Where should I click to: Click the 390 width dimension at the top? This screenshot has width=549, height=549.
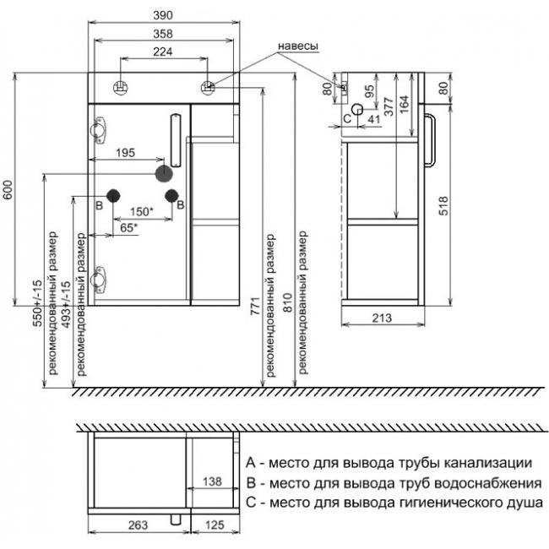point(163,15)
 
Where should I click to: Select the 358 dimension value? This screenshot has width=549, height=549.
point(163,34)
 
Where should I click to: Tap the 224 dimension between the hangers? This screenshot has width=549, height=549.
point(163,52)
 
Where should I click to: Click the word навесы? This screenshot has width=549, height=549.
point(298,46)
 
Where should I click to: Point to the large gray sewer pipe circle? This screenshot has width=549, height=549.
point(164,174)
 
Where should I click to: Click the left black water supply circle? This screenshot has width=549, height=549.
point(113,196)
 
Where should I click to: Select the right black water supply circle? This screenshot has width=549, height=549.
point(172,196)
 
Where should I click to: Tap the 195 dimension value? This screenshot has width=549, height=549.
point(125,153)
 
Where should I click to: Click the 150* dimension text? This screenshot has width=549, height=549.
point(142,211)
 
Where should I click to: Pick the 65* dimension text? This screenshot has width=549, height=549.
point(129,228)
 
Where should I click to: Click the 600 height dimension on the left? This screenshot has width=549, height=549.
point(8,189)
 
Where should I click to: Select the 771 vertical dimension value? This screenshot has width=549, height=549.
point(255,307)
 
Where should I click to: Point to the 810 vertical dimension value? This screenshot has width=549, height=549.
point(287,302)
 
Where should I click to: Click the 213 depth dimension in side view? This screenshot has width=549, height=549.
point(382,318)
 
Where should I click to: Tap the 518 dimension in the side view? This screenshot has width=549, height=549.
point(443,205)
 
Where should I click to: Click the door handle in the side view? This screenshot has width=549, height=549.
point(430,139)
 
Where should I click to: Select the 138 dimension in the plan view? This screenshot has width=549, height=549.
point(212,481)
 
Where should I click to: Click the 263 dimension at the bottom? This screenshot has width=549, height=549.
point(139,525)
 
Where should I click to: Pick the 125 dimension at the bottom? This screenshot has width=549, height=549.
point(215,525)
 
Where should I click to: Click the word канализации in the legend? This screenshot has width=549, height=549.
point(487,463)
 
